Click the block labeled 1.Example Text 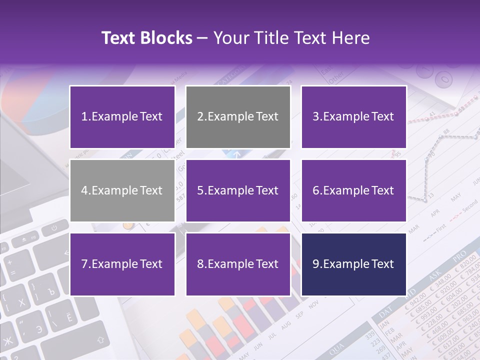pos(122,117)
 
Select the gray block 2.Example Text pos(238,117)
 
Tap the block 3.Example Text pos(353,117)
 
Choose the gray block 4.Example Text pos(122,190)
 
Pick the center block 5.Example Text pos(238,190)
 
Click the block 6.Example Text pos(353,190)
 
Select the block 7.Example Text pos(122,264)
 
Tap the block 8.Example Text pos(238,264)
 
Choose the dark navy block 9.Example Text pos(353,264)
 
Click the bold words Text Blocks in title pos(147,38)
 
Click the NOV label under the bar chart pos(313,304)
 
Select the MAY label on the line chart pos(455,198)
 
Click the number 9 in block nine pos(315,264)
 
